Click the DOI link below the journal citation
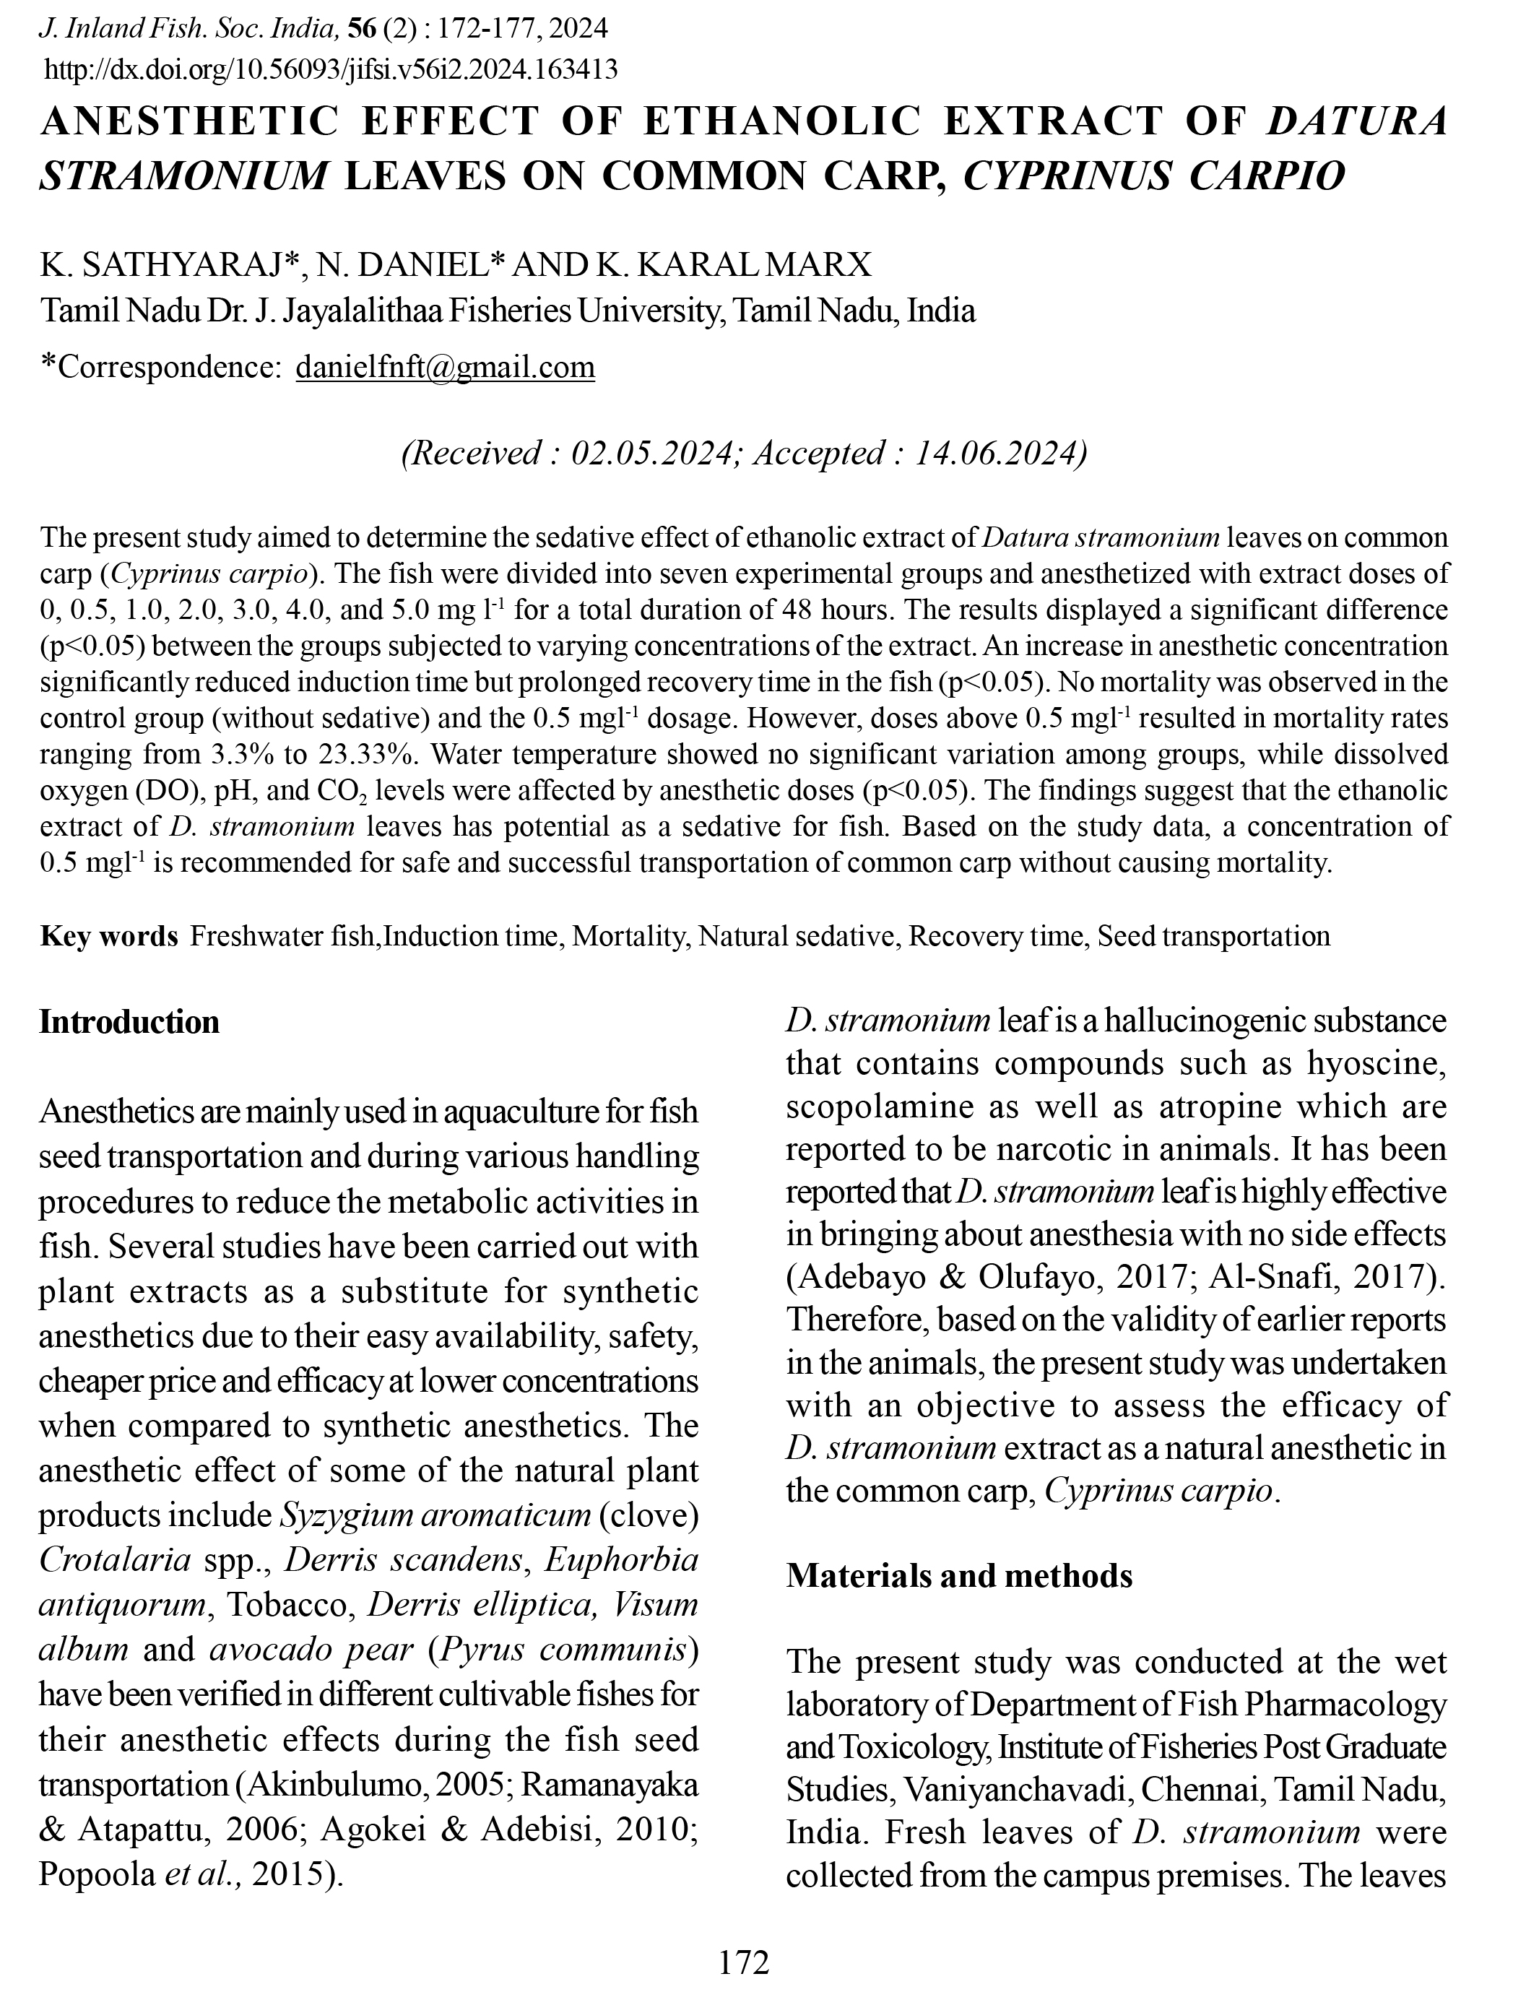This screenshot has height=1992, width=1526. (331, 69)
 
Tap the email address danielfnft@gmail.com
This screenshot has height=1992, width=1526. (445, 367)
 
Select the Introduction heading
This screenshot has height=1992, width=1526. (129, 1022)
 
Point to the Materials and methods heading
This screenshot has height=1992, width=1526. (958, 1575)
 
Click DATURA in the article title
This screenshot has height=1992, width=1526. (1356, 122)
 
